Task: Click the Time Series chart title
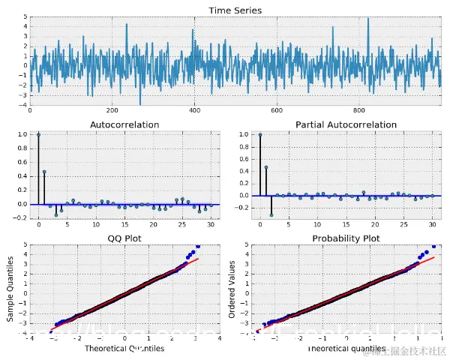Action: [x=235, y=10]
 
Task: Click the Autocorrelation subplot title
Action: [x=124, y=124]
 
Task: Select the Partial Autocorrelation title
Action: [x=346, y=124]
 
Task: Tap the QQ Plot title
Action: [x=124, y=238]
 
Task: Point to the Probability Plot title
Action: [x=346, y=238]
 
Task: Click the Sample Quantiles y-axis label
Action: [x=10, y=289]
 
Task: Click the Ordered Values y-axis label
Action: [x=232, y=289]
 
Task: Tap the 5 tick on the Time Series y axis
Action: [x=25, y=16]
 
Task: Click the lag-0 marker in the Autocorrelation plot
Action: [x=38, y=134]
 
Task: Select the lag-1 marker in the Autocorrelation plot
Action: [x=44, y=172]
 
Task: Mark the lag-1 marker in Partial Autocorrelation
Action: [x=265, y=167]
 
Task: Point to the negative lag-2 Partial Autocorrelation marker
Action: [x=271, y=214]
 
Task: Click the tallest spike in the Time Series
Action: [x=368, y=19]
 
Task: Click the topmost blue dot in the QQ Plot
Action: [x=198, y=246]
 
